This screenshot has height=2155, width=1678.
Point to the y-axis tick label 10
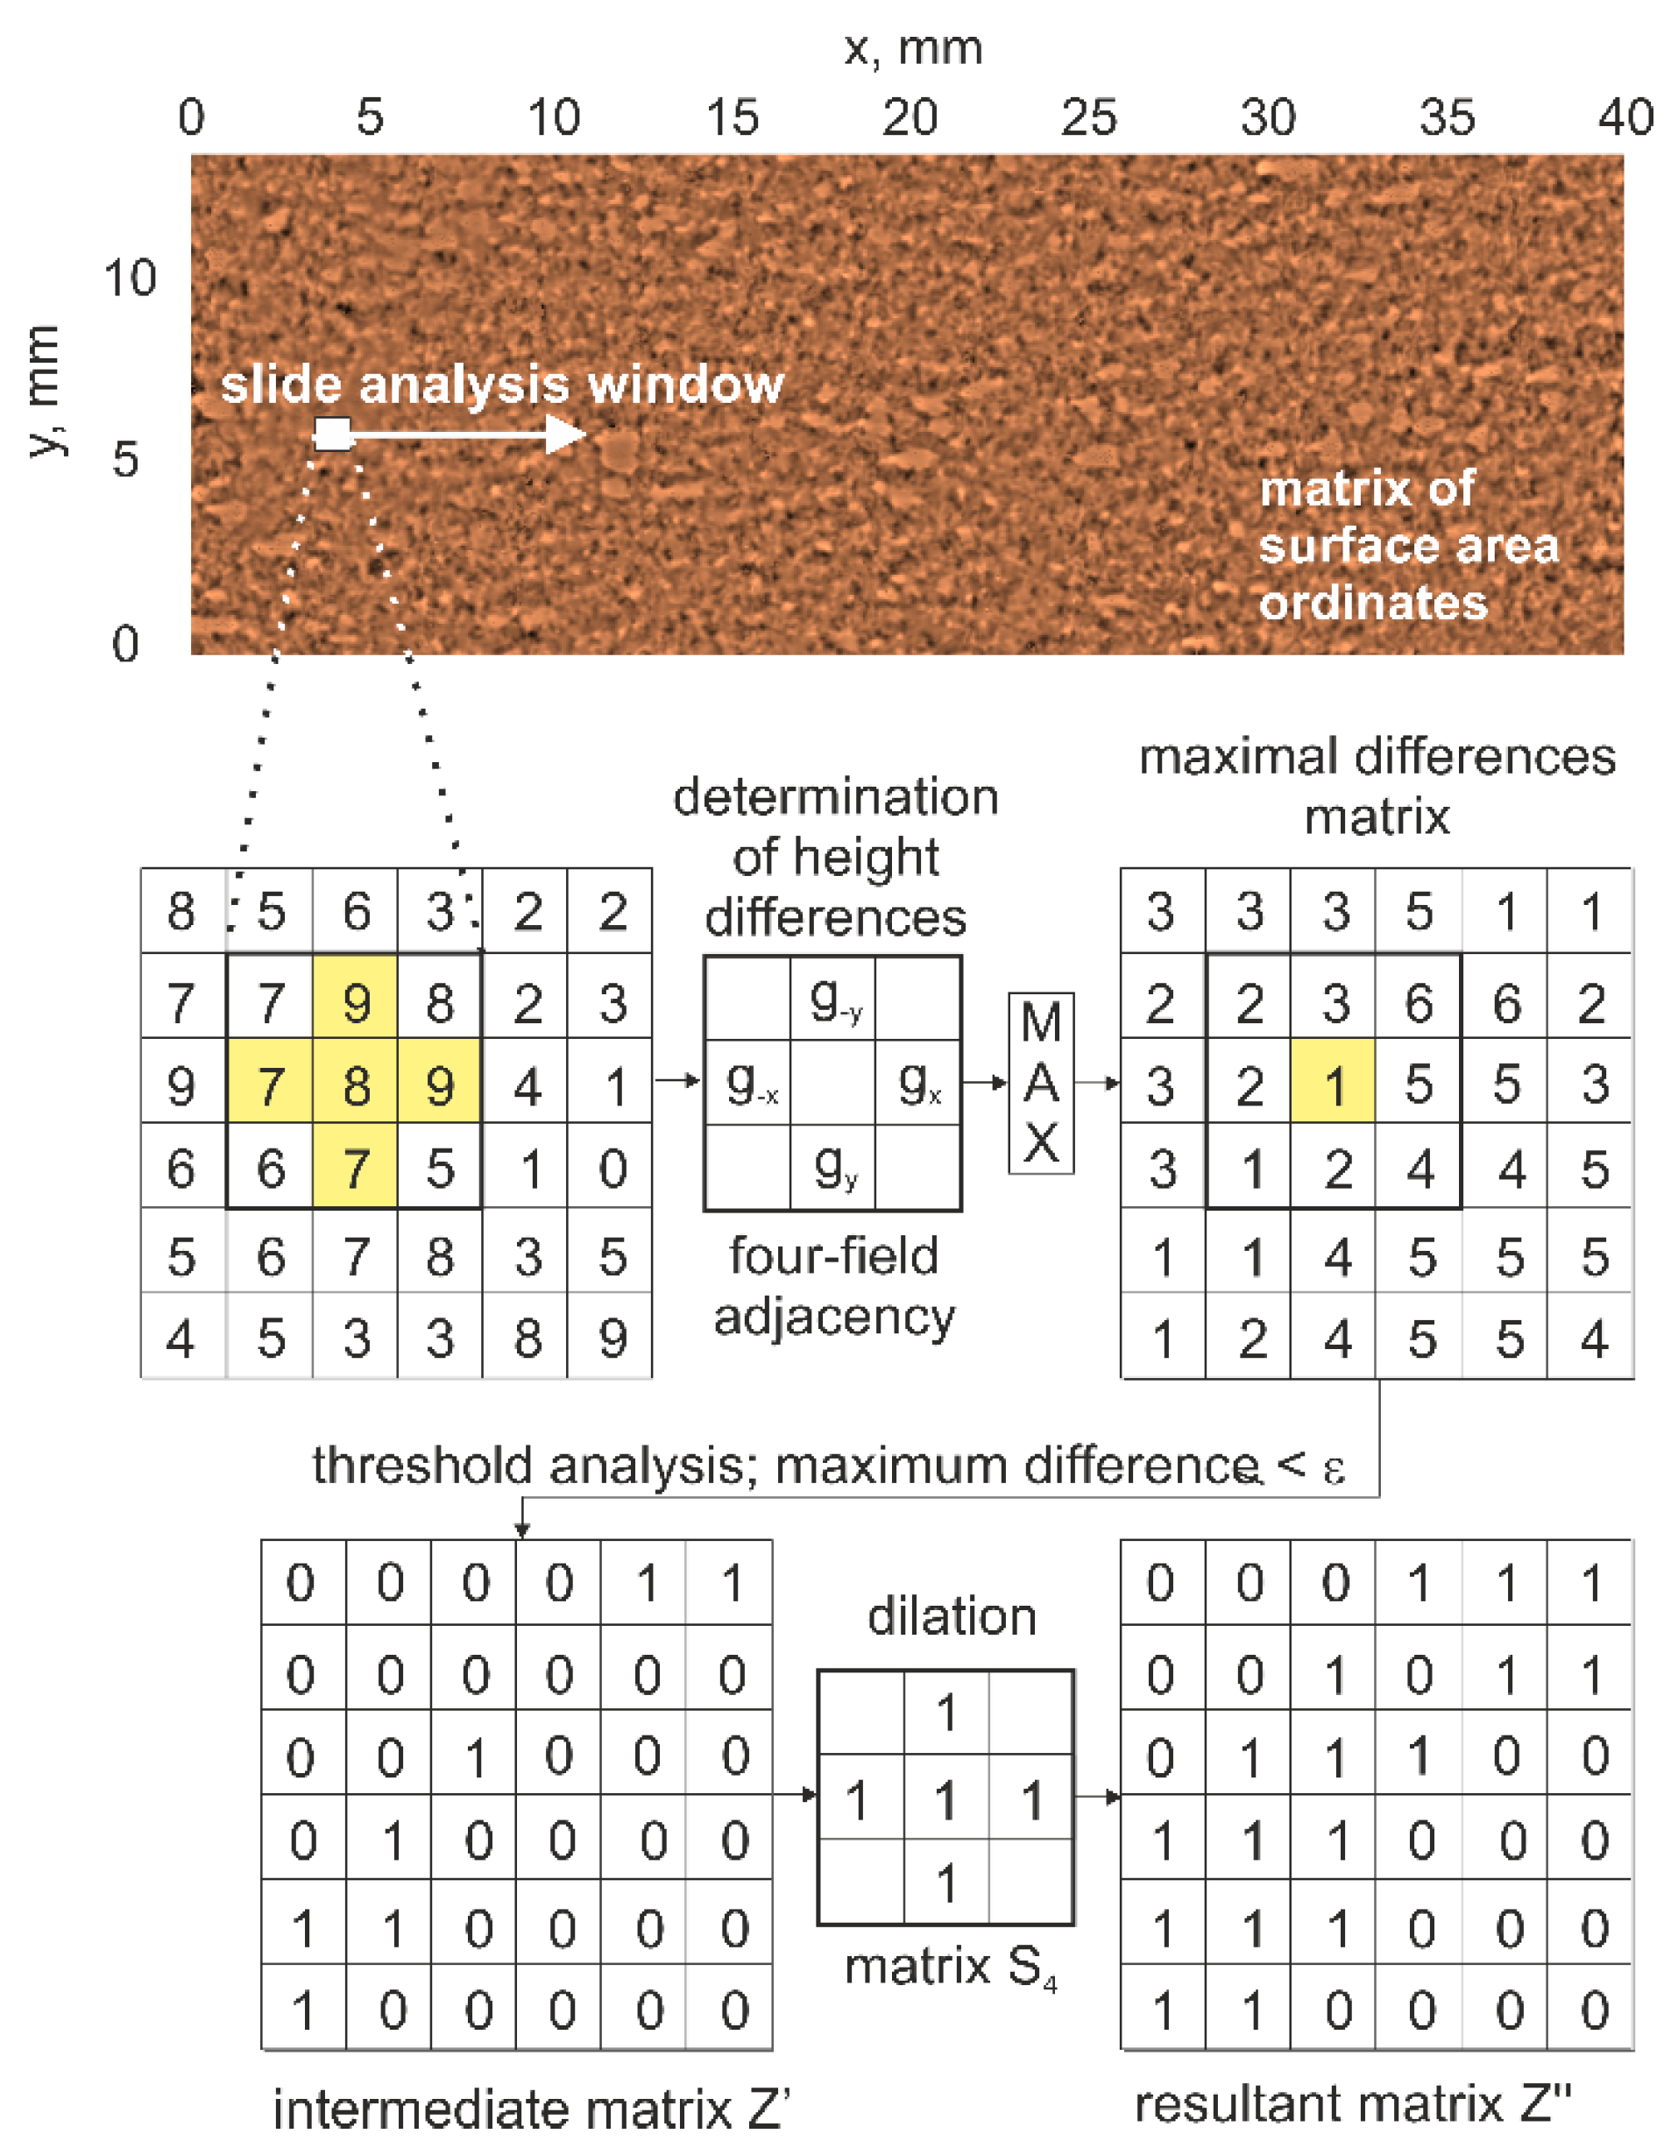(131, 279)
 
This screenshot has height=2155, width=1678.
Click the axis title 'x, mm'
(913, 47)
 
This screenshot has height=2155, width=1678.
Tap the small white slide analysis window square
(333, 435)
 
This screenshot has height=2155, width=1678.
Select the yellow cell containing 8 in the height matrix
(356, 1085)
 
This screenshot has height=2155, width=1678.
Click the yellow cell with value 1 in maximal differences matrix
(1334, 1085)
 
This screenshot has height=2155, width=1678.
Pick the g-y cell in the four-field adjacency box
(834, 1000)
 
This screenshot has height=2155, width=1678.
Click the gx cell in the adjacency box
(919, 1085)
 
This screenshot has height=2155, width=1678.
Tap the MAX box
(1041, 1084)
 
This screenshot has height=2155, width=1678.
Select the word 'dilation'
(952, 1617)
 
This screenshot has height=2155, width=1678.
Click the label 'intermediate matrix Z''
(531, 2109)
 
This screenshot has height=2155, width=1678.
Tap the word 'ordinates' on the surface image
(1373, 603)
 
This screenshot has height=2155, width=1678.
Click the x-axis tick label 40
(1625, 117)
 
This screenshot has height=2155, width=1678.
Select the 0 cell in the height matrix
(612, 1169)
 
